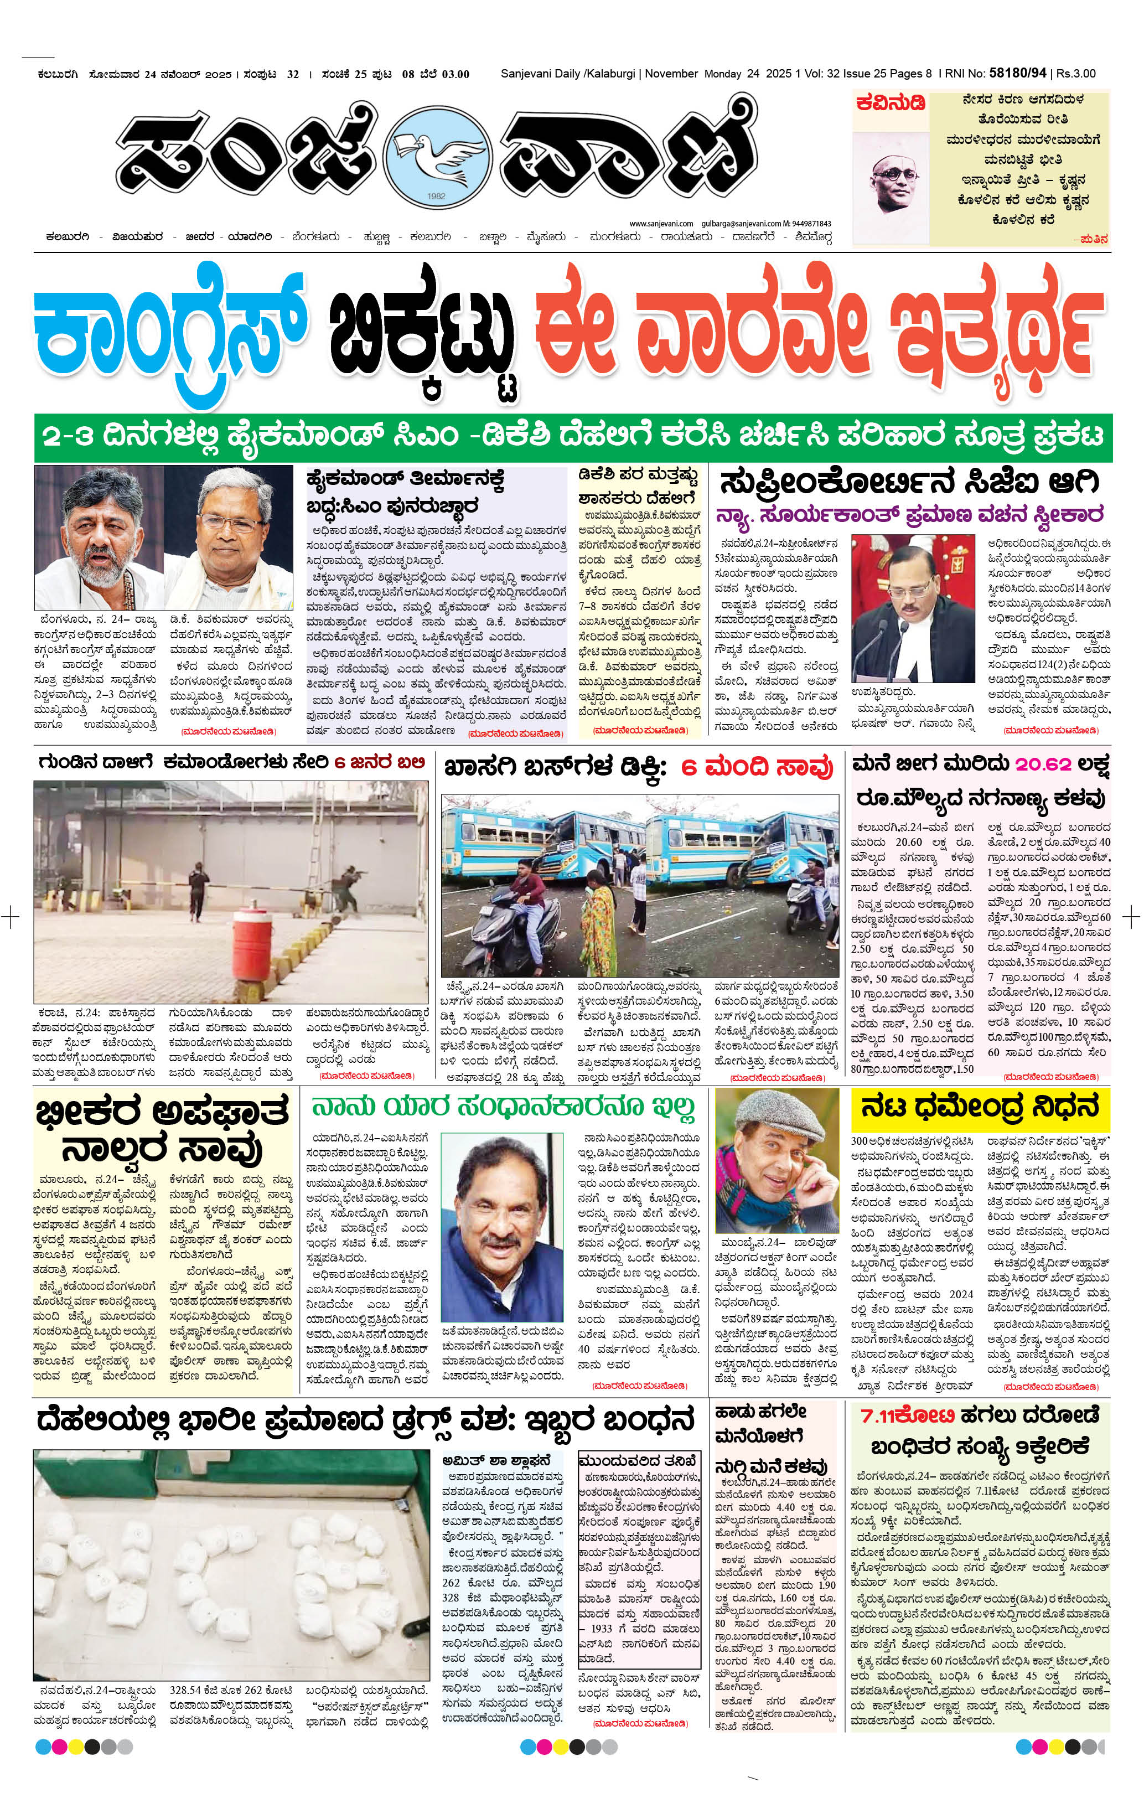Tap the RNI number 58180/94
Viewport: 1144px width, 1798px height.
tap(1017, 73)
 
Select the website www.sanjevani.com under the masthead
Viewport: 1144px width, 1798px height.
tap(661, 223)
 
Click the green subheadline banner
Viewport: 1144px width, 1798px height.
tap(573, 436)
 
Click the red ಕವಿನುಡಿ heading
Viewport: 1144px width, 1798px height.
tap(891, 103)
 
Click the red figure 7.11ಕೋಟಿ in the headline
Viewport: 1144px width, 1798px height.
tap(907, 1415)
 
